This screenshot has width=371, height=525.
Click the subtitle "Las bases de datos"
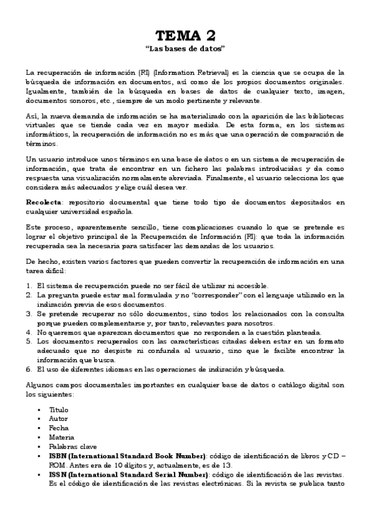(x=185, y=48)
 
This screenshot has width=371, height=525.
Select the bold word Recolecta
(x=43, y=202)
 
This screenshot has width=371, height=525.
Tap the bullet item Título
(x=59, y=410)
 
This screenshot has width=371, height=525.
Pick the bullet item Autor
(x=59, y=419)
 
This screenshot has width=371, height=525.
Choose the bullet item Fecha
(x=59, y=428)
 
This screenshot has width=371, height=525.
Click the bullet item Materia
(x=61, y=438)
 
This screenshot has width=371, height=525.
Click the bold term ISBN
(x=58, y=456)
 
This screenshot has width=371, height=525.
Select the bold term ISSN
(x=58, y=475)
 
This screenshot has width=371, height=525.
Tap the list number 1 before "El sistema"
(x=28, y=285)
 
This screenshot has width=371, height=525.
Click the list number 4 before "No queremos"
(x=28, y=332)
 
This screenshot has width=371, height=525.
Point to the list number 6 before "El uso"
(x=28, y=370)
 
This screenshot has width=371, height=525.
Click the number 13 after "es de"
(x=231, y=466)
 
